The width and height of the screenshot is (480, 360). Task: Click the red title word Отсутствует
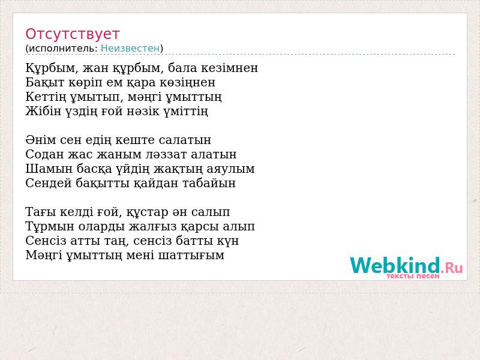[72, 34]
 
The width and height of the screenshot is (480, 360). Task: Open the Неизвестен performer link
[130, 49]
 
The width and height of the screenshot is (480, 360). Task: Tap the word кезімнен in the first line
[229, 68]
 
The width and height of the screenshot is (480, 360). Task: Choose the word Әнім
[41, 140]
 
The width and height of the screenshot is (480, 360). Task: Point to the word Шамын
[49, 169]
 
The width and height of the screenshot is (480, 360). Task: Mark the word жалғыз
[152, 227]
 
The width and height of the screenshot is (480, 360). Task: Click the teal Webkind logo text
[395, 265]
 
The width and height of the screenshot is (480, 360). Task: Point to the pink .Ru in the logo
[452, 268]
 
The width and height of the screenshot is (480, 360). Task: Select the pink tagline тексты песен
[413, 276]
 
